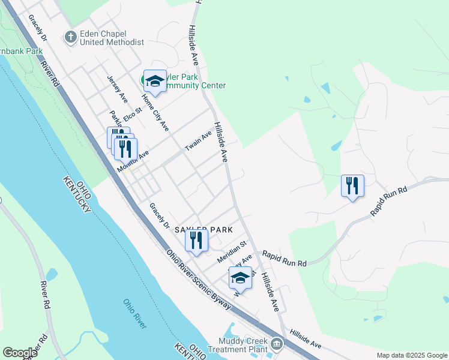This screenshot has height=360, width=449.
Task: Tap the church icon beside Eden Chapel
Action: click(71, 37)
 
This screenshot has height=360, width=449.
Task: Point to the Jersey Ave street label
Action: click(117, 88)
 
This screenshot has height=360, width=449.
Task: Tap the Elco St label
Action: click(132, 112)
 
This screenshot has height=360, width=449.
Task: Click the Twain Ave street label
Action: click(198, 142)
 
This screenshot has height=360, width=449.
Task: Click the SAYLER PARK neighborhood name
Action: click(199, 230)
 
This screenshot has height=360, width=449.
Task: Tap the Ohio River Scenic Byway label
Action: click(198, 280)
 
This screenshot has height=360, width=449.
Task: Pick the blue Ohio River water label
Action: click(135, 314)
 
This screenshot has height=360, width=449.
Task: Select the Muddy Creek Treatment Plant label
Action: click(237, 344)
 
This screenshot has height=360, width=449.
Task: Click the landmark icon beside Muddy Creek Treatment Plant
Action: click(277, 344)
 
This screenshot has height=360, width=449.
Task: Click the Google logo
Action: click(20, 353)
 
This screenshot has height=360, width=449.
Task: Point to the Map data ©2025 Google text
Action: click(411, 355)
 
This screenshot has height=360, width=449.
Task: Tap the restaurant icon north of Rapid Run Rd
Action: click(352, 185)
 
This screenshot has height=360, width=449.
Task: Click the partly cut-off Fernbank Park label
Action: click(21, 51)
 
